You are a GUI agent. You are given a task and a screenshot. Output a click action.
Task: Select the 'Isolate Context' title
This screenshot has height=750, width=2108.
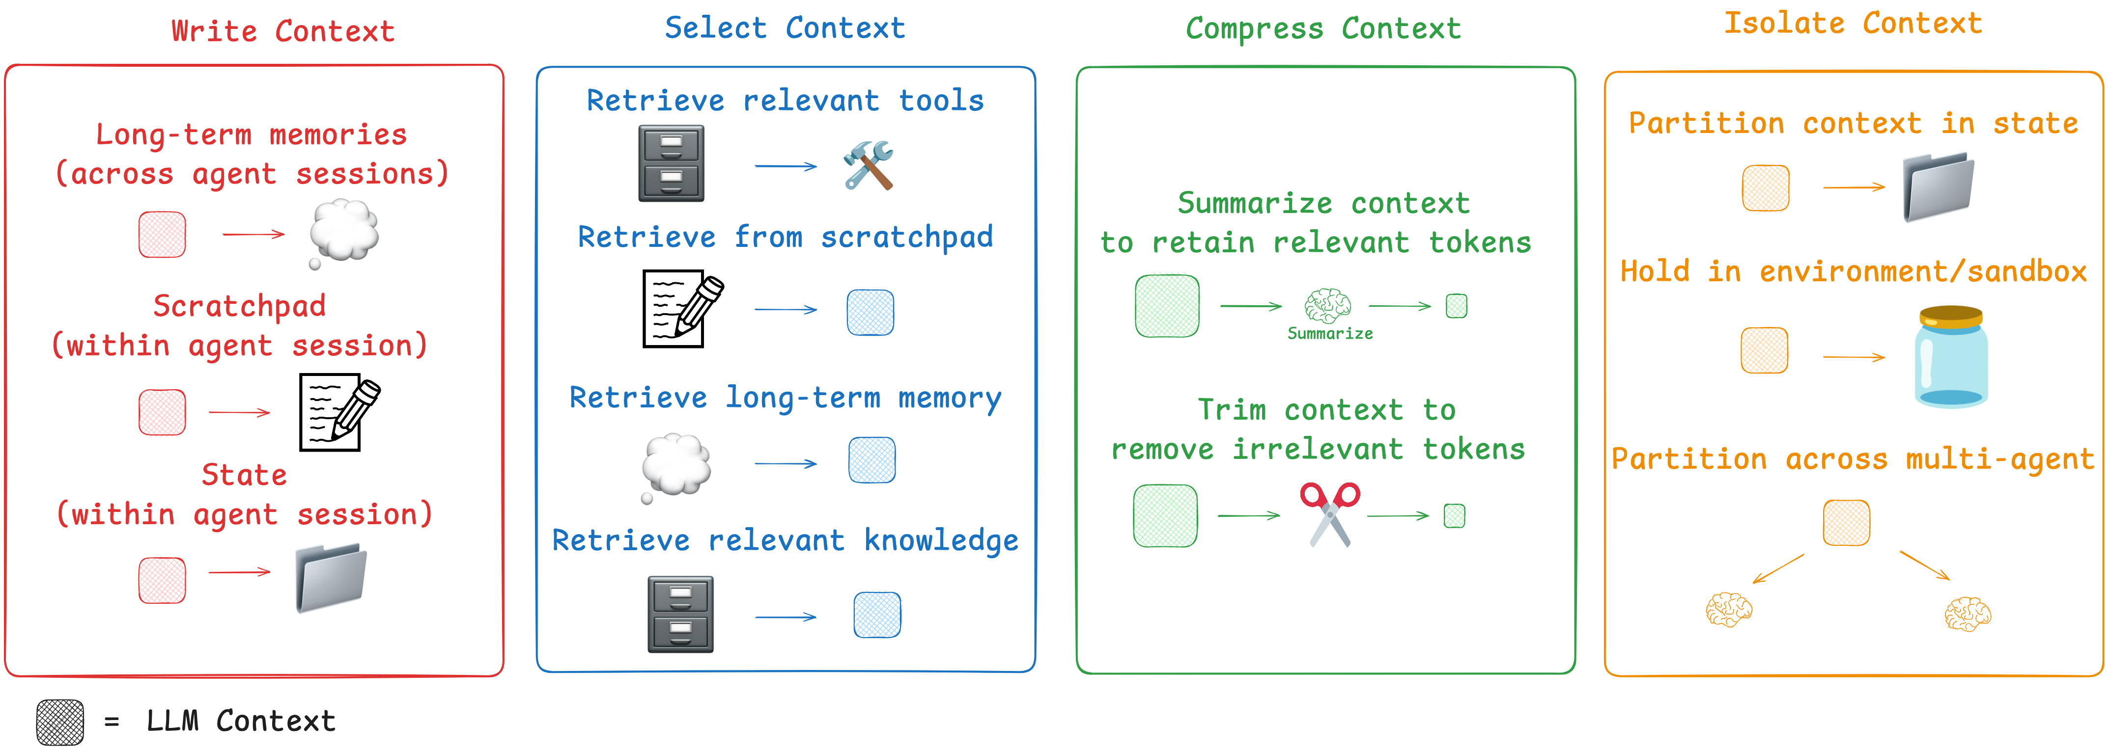[1853, 24]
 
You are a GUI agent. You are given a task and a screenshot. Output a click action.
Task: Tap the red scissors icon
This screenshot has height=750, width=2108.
[1330, 513]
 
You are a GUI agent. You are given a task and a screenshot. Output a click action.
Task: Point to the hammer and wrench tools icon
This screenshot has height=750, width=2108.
[868, 165]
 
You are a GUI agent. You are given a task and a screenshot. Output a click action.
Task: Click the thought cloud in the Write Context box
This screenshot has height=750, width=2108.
[344, 232]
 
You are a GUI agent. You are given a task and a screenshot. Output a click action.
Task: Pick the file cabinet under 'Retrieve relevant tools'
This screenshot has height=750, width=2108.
[671, 163]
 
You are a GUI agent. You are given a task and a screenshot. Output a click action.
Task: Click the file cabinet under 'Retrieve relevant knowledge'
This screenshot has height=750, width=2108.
[680, 614]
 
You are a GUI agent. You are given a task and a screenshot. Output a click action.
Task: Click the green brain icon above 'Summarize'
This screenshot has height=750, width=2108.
[1327, 306]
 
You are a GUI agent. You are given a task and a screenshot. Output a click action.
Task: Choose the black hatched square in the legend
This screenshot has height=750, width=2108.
[60, 722]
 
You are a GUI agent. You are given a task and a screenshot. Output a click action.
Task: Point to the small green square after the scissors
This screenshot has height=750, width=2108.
[1454, 516]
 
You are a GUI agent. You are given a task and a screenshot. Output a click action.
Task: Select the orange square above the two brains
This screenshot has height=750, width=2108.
[1846, 523]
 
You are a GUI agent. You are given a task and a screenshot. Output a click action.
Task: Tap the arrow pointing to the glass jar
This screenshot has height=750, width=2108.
[1854, 357]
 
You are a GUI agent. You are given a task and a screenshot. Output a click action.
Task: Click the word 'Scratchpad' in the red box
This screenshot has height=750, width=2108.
[240, 306]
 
